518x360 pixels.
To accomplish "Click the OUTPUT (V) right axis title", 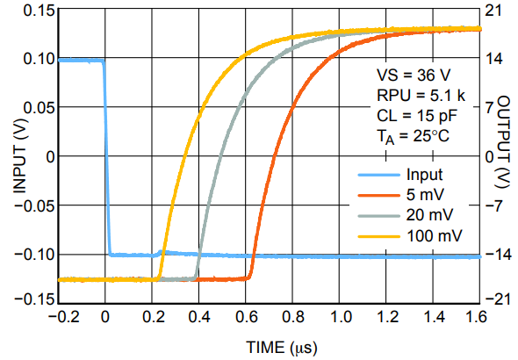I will tap(503, 155).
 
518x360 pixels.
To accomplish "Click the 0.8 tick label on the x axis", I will tap(291, 317).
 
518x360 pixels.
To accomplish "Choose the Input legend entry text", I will tap(424, 174).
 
